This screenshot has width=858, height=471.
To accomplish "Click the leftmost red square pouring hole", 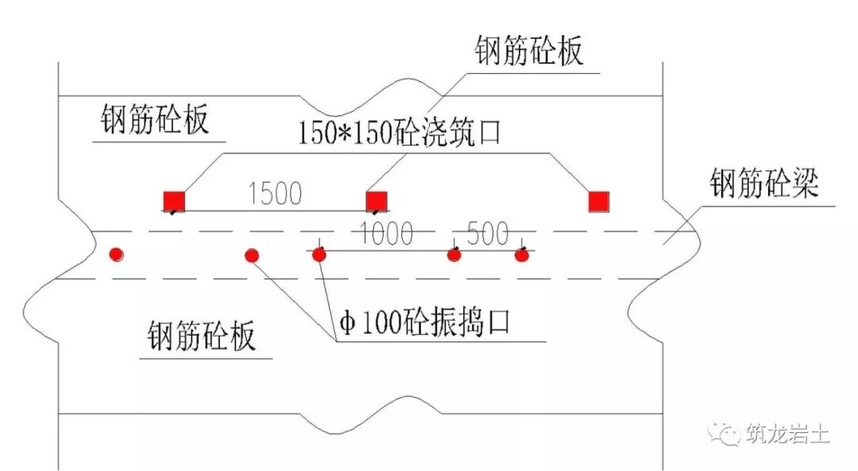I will point(174,202).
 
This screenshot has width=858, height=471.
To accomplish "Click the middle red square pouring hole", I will point(376,202).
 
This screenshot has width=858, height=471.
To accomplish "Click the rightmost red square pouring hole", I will point(599,202).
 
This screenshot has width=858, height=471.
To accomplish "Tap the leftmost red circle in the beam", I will point(117,255).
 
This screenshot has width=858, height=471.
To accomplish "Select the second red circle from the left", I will point(252,256).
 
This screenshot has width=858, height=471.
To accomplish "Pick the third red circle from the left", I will point(319,255).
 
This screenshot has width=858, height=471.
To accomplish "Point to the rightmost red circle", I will point(522,255).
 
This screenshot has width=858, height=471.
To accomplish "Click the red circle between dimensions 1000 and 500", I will point(454,255).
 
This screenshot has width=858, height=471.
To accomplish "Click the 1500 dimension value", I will point(275,194).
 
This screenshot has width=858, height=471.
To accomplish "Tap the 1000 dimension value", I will point(387,234).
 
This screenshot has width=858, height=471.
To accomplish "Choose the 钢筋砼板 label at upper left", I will point(155,121).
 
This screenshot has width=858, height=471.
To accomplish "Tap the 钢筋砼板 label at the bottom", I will point(201,337).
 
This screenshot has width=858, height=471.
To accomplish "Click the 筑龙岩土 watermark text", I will point(787,434).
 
